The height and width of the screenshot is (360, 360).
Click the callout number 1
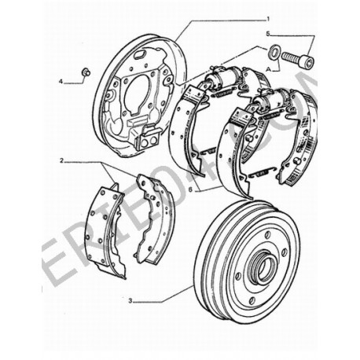(266, 17)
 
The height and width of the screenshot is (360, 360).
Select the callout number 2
(61, 160)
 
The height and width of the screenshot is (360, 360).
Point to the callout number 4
(60, 80)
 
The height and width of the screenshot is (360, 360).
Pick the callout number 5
(267, 34)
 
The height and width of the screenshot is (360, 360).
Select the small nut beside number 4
(86, 74)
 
